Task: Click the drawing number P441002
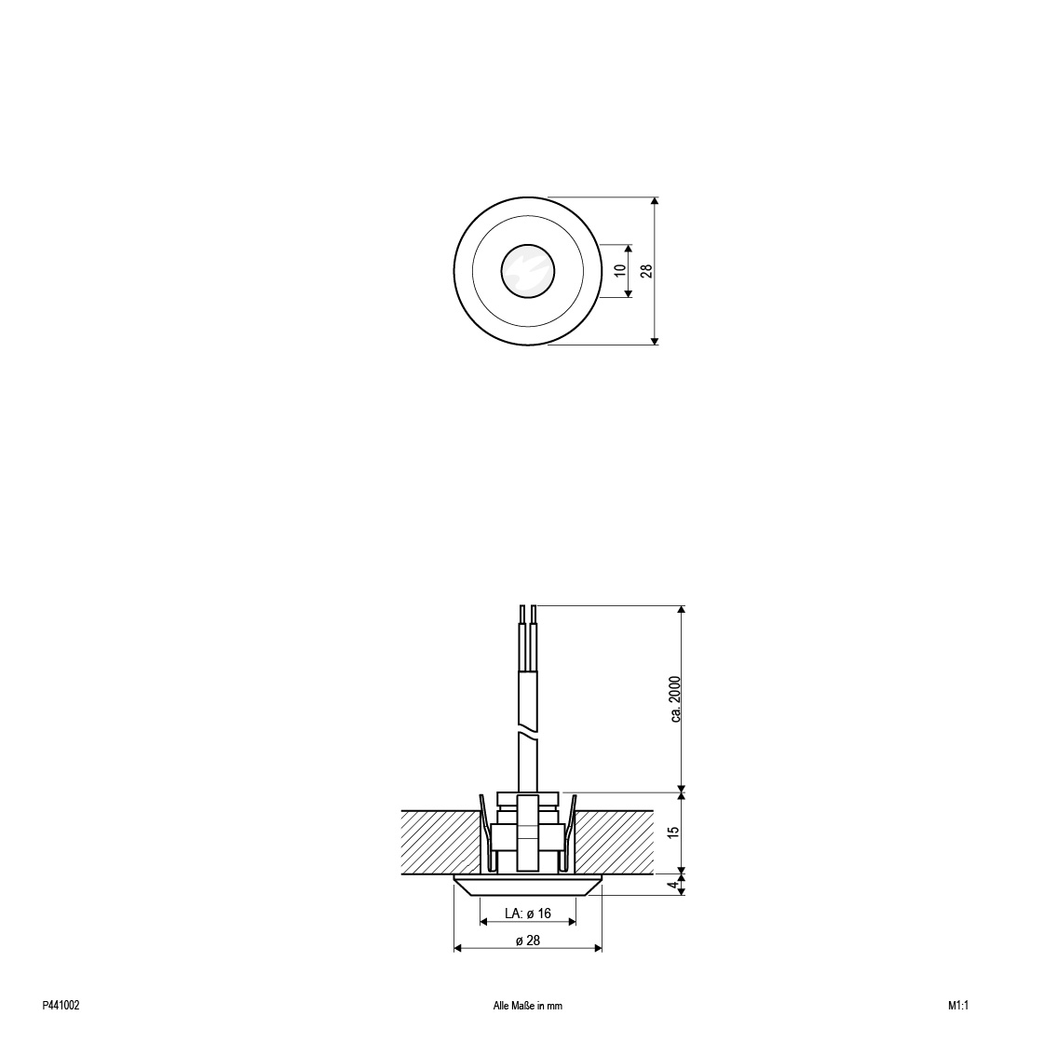click(x=61, y=1006)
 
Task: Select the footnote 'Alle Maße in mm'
click(x=527, y=1006)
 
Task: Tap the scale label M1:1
click(x=957, y=1006)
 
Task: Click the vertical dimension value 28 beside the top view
click(x=646, y=271)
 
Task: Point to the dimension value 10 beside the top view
click(x=621, y=270)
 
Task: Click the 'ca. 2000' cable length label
click(x=676, y=699)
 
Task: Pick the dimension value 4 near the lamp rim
click(x=672, y=885)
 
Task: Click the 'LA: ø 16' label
click(x=527, y=914)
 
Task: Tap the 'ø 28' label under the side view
click(x=528, y=941)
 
